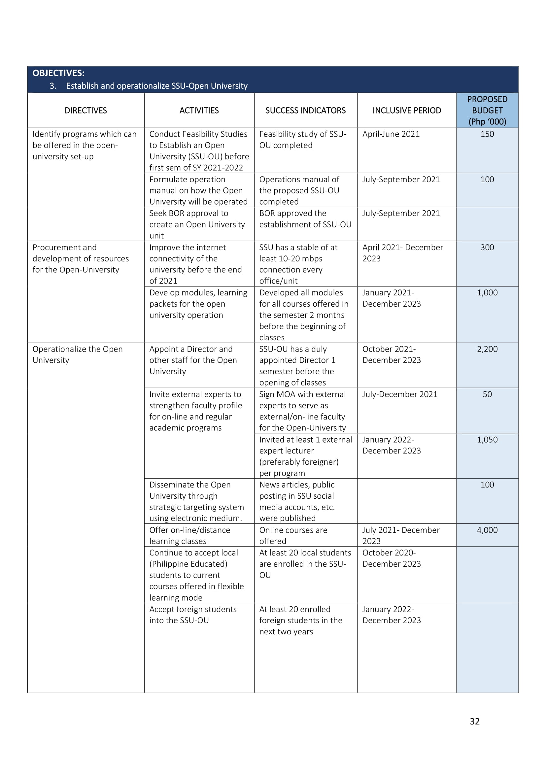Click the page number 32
click(x=474, y=721)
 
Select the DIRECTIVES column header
click(x=86, y=110)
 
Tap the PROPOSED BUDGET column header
click(x=487, y=110)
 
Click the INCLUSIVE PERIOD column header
click(x=406, y=110)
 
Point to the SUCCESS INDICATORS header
click(x=305, y=110)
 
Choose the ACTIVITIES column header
click(x=199, y=110)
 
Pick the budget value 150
click(x=487, y=134)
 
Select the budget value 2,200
click(x=487, y=349)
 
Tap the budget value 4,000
click(x=487, y=530)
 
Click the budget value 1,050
click(x=487, y=439)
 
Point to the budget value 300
click(x=487, y=248)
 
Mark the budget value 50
click(x=487, y=394)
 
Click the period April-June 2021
click(x=391, y=134)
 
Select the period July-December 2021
click(x=400, y=394)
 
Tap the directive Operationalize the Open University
click(x=77, y=354)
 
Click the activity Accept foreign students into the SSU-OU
click(x=193, y=615)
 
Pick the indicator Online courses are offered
click(x=293, y=535)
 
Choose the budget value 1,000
click(x=487, y=292)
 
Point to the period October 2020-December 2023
click(x=392, y=558)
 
